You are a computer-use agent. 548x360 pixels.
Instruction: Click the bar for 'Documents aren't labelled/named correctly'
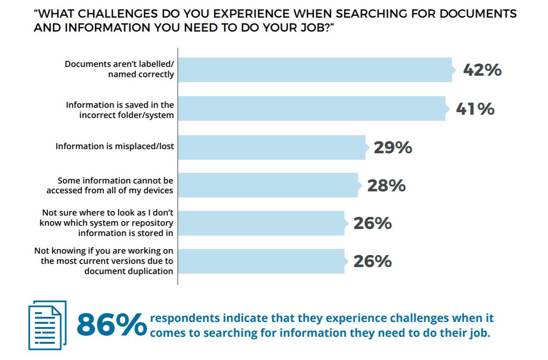[315, 70]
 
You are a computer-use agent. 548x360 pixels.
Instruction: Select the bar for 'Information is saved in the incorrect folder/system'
[311, 108]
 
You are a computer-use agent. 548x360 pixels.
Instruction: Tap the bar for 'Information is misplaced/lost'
[271, 147]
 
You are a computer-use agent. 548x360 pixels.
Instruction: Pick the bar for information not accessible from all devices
[268, 185]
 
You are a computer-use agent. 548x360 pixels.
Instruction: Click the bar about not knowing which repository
[261, 223]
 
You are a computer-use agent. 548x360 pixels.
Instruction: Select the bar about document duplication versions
[261, 262]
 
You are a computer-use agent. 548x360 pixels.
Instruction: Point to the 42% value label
[482, 70]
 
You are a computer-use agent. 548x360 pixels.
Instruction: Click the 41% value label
[475, 109]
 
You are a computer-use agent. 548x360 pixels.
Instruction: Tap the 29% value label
[393, 147]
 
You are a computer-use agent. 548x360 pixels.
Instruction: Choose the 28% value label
[386, 186]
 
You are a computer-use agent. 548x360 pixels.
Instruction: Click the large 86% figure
[111, 325]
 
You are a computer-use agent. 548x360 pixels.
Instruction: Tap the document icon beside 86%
[47, 325]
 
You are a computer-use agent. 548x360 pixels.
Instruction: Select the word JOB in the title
[313, 27]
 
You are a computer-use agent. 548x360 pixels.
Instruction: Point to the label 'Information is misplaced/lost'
[115, 146]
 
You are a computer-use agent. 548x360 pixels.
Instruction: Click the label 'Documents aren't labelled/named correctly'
[119, 69]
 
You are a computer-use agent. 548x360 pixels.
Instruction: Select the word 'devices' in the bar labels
[158, 190]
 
